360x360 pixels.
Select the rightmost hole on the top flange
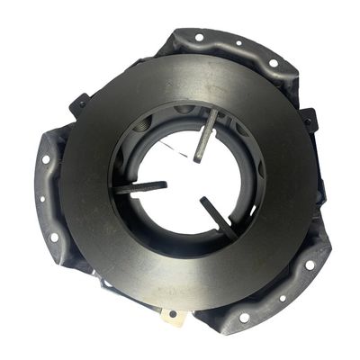pos(273,62)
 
